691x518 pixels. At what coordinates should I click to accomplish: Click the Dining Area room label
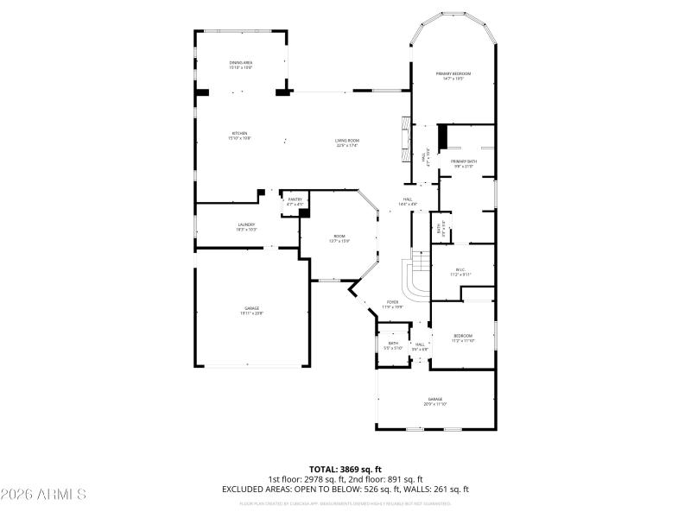click(241, 65)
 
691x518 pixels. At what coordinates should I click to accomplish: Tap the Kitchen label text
click(238, 136)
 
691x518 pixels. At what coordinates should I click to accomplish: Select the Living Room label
click(347, 143)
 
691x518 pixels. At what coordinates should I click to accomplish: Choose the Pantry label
click(295, 201)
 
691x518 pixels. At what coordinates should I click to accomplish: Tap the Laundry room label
click(246, 227)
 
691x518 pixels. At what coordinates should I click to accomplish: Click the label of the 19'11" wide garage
click(251, 311)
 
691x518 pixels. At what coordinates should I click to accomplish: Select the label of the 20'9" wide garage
click(434, 401)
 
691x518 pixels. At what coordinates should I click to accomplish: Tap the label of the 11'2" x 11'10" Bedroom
click(463, 338)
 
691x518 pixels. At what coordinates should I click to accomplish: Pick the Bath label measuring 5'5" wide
click(393, 345)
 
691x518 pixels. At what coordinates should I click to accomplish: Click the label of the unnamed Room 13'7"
click(340, 238)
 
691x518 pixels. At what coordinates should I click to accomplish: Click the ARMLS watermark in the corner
click(43, 495)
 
